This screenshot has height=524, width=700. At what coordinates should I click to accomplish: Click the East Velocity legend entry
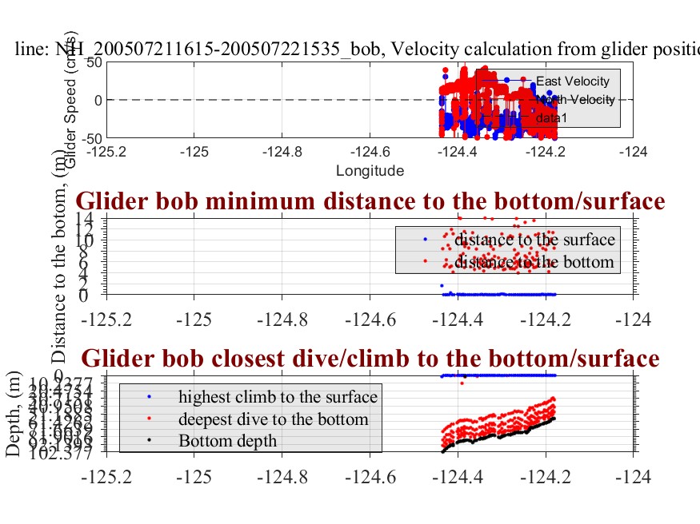coord(572,81)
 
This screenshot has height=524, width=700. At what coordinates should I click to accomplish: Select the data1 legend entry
coord(551,117)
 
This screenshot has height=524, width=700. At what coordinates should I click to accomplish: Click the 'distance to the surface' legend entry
coord(534,240)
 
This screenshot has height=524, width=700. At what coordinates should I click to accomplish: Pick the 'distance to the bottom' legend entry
coord(534,261)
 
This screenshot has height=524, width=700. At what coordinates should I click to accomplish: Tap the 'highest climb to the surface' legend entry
coord(278,397)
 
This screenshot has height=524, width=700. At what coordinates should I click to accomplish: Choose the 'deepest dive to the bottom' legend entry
coord(273,419)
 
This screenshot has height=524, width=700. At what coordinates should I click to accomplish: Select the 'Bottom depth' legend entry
coord(227,440)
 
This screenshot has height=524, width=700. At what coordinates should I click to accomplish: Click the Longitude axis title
coord(370,170)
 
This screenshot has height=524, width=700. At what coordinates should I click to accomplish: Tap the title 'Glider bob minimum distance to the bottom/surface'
coord(370,201)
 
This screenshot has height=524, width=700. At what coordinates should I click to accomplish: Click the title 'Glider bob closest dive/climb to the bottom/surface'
coord(370,356)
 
